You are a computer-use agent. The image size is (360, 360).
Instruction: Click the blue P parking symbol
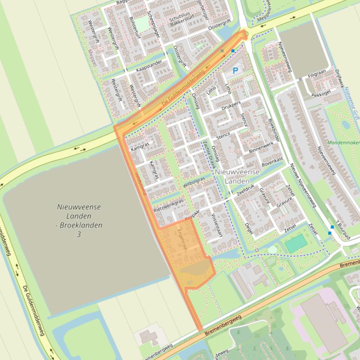point(235,71)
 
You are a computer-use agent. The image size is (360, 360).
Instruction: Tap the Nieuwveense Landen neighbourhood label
point(237,176)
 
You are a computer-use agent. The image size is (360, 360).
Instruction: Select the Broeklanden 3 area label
point(79,220)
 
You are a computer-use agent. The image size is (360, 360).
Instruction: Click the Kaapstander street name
point(149,65)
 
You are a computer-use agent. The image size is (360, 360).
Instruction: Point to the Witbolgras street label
point(194,182)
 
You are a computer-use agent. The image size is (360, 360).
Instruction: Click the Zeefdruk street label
point(245,189)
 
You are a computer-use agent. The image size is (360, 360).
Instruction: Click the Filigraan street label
point(316,74)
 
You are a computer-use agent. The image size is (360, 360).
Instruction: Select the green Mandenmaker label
point(343,143)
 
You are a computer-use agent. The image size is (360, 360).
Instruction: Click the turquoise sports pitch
point(295,244)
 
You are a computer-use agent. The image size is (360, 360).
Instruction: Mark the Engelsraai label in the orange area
point(182,239)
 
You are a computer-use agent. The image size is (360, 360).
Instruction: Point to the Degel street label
point(250,229)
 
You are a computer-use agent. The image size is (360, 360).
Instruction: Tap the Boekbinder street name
point(274,129)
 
